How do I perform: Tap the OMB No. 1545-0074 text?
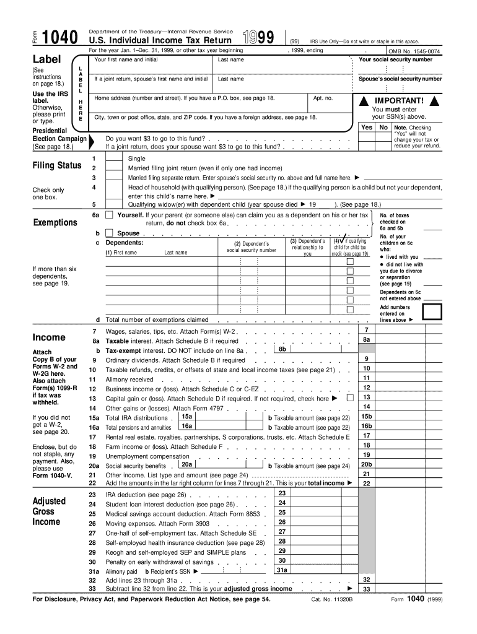pos(414,51)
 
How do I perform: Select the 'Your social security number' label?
pos(396,60)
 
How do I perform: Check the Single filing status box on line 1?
pos(113,159)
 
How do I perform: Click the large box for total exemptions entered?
pos(431,313)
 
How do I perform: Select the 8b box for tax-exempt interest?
pos(282,350)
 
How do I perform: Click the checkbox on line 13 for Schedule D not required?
pos(351,398)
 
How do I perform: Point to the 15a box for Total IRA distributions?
pos(186,417)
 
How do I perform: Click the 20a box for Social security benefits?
pos(186,464)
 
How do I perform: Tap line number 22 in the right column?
pos(366,484)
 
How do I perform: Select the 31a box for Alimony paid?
pos(281,570)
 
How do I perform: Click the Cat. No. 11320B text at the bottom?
pos(331,599)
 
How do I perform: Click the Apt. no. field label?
pos(323,98)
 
